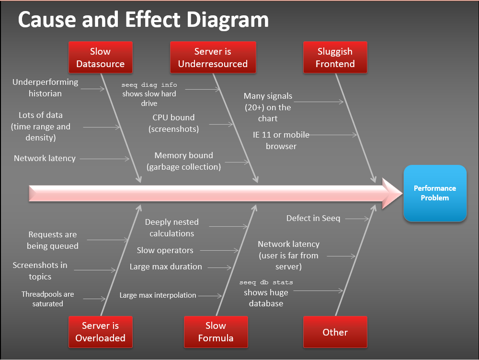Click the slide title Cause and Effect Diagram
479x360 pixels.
143,19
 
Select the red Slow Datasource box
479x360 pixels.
100,58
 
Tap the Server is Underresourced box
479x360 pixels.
213,58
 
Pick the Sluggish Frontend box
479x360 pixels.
335,58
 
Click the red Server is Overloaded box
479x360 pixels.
100,332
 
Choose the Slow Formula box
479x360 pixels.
216,332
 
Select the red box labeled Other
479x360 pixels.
335,332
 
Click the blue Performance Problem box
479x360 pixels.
435,193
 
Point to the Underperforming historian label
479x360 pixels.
45,88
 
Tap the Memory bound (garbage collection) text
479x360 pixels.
184,161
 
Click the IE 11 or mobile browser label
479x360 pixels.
281,140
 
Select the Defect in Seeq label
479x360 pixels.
313,218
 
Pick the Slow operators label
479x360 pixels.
165,250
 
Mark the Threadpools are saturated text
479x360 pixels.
48,299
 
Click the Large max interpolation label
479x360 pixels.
158,295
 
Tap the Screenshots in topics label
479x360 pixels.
40,271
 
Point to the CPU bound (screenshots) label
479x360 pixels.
173,123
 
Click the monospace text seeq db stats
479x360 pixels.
266,282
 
